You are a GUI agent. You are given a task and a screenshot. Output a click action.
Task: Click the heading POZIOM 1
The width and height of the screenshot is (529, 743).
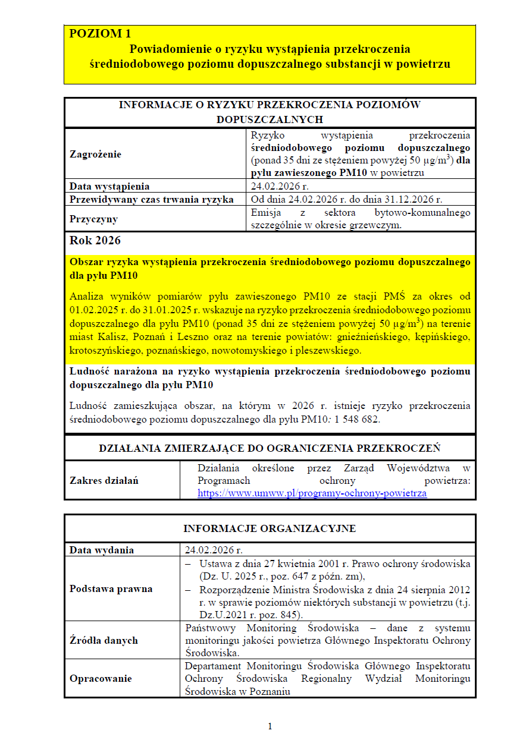point(100,33)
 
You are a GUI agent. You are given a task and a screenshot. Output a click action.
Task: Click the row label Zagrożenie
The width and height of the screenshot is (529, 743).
point(95,155)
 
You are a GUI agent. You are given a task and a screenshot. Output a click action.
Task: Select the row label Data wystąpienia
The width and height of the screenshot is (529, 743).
point(109,187)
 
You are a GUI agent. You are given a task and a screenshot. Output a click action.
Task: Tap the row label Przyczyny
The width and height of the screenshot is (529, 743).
point(93,219)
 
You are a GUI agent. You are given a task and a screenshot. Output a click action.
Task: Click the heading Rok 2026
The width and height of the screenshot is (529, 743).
point(95,241)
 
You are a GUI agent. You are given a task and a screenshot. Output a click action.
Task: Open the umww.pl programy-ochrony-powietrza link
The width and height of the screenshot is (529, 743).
point(312,493)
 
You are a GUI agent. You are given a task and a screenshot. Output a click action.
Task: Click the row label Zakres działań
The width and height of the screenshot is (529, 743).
point(104,480)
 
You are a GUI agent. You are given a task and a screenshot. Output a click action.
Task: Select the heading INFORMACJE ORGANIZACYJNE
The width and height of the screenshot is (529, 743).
point(270,528)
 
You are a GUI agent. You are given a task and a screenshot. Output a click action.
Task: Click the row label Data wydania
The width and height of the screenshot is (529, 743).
point(102,550)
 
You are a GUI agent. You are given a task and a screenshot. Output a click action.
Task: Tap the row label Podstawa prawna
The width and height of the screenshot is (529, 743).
point(111,589)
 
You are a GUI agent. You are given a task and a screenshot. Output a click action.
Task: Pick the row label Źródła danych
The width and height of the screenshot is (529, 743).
point(104,640)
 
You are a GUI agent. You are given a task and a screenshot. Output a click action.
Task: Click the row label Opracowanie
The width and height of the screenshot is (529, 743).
point(101,679)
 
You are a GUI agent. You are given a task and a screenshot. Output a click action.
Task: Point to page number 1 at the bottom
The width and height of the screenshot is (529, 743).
point(270,726)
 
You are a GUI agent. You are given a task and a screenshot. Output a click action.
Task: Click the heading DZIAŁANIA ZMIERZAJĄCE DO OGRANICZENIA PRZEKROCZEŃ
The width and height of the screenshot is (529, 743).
point(269,448)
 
